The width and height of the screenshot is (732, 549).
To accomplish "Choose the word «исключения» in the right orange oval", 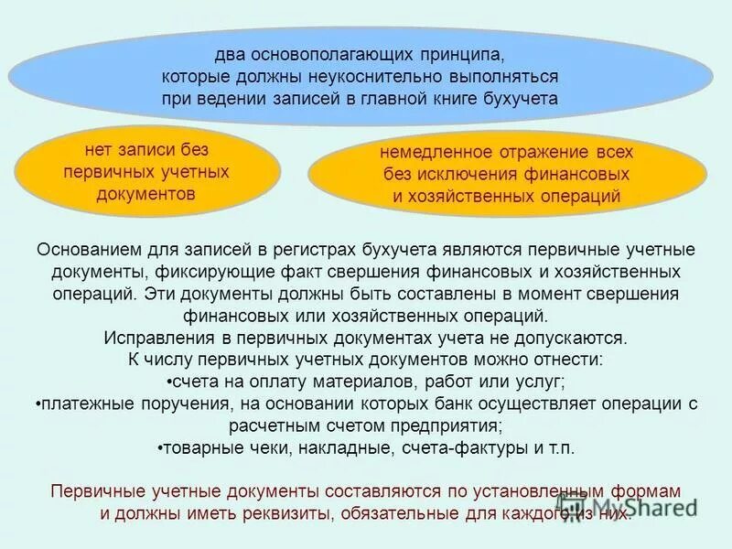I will point(472,174).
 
